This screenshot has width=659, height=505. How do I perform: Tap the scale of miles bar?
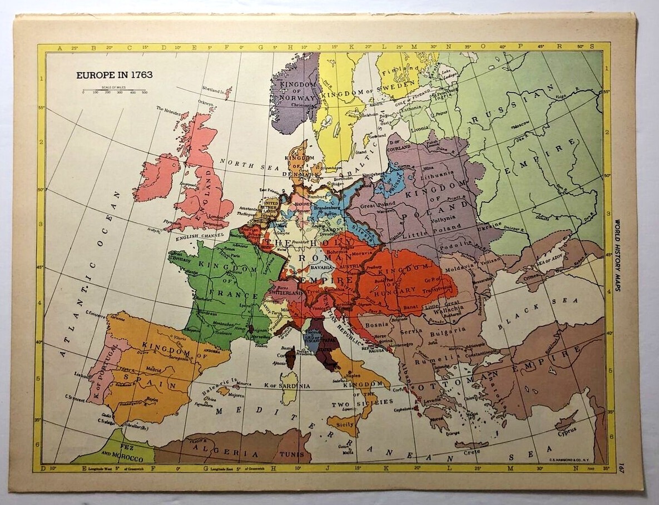(114, 90)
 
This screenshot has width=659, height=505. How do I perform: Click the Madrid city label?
(154, 369)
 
